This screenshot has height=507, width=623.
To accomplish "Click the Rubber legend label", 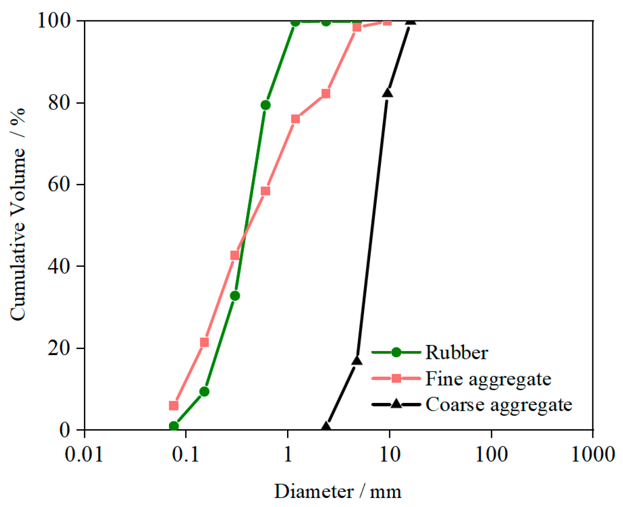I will [x=457, y=353].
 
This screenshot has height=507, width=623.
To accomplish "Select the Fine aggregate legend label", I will [x=488, y=379].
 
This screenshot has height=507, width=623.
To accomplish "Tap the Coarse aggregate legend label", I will [x=498, y=405].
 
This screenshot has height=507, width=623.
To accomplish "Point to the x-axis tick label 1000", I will [x=593, y=454].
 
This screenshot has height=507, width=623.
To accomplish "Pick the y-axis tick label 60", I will [x=59, y=184].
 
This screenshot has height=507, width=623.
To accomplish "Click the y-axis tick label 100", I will [x=54, y=20].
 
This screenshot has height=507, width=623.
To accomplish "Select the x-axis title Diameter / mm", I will [x=338, y=491].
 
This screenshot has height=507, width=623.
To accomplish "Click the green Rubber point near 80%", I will [x=265, y=105].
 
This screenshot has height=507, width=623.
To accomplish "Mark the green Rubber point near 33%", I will [x=235, y=296].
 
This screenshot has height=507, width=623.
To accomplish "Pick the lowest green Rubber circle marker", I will [x=174, y=426].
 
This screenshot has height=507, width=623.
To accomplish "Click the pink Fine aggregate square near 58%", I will [x=265, y=191].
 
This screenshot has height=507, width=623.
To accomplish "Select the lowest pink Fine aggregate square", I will [x=174, y=406].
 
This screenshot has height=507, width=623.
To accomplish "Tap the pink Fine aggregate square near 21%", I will [x=204, y=342].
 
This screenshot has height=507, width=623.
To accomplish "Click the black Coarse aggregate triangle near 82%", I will [x=387, y=93].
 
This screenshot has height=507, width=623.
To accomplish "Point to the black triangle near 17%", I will [x=357, y=360].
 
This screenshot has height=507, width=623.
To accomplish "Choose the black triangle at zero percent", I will [x=326, y=427].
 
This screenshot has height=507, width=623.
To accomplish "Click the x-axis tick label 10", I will [x=390, y=454].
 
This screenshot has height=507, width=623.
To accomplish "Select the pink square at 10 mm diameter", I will [x=387, y=21].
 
